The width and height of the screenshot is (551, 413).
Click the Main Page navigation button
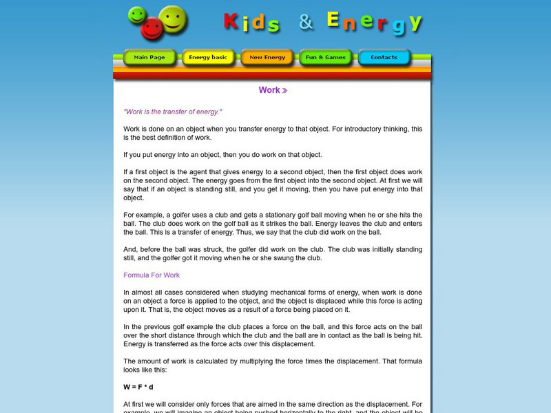149,58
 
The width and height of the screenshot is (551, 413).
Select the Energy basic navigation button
208,58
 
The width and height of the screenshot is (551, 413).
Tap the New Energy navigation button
267,58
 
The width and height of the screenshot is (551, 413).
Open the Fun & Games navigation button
326,58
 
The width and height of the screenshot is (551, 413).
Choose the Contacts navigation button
384,58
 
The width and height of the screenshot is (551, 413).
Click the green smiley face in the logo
137,15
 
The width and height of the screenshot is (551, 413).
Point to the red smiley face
152,29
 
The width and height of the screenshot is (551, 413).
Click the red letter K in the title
231,22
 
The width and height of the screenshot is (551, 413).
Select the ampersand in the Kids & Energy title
306,22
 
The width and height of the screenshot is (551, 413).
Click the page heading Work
269,90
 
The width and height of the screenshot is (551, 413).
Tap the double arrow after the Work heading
284,91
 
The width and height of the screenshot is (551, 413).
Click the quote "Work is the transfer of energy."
173,112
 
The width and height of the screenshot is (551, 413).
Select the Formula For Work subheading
152,275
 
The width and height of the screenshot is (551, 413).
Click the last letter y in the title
415,23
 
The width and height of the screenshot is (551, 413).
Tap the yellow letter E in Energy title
333,20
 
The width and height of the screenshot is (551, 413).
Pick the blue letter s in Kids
273,25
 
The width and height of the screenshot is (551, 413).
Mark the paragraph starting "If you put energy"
222,155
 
